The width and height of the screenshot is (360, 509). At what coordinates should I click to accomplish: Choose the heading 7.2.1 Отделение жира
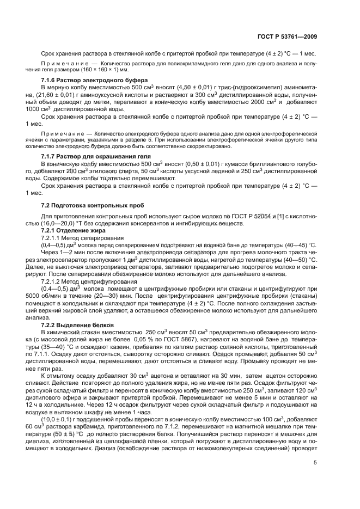click(71, 231)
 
